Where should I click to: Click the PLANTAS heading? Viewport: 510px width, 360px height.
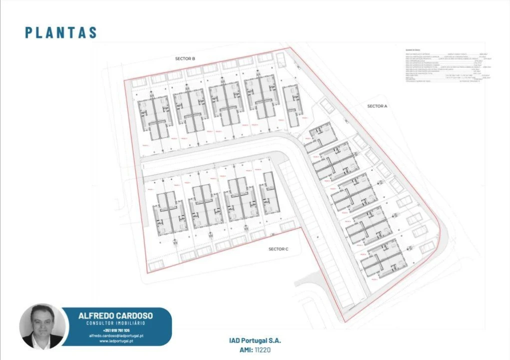[x=61, y=32]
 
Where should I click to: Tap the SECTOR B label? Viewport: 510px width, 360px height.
[x=185, y=59]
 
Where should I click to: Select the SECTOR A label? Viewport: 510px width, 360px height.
[x=377, y=106]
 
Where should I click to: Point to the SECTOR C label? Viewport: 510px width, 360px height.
[x=278, y=249]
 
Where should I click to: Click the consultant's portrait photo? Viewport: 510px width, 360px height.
[x=42, y=326]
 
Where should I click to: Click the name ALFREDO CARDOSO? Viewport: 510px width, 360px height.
[x=116, y=315]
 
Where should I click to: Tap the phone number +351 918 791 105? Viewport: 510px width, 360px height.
[x=116, y=330]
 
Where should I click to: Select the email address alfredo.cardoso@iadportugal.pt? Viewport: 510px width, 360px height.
[x=116, y=335]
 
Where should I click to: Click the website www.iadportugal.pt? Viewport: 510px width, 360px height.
[x=116, y=341]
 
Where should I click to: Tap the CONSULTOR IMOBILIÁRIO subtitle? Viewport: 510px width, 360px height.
[x=116, y=323]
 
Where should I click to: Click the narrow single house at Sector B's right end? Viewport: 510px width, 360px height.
[x=291, y=105]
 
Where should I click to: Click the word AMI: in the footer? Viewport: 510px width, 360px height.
[x=245, y=350]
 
